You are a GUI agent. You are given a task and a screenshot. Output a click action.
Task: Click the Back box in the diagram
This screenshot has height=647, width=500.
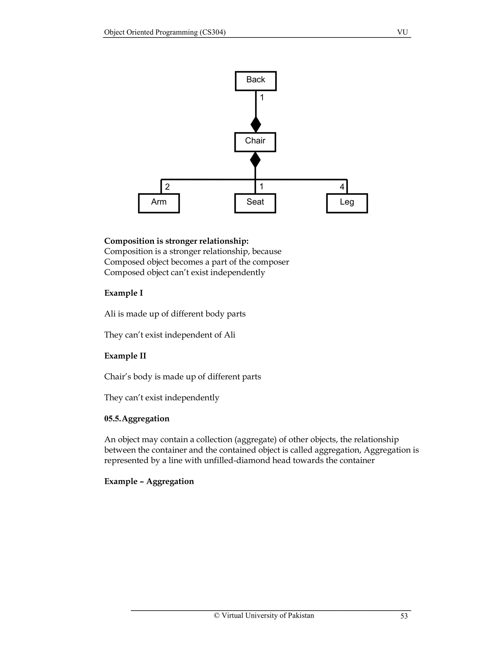tap(256, 81)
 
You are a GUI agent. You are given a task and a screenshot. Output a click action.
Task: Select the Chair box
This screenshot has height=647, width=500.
tap(255, 142)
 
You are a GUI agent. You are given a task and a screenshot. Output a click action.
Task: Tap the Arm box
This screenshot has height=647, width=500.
tap(159, 203)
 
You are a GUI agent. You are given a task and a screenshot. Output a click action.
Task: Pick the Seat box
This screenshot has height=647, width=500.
tap(255, 203)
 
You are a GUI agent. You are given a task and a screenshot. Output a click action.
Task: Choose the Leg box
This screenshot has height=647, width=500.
tap(347, 203)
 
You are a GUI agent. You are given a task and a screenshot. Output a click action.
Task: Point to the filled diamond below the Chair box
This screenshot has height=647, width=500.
tap(255, 160)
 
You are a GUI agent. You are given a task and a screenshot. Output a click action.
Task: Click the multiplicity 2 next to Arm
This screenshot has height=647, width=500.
tap(167, 187)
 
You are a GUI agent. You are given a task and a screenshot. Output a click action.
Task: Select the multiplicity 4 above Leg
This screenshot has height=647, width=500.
tap(342, 187)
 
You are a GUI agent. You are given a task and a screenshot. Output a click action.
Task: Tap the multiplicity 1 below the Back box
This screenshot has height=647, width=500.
tap(262, 97)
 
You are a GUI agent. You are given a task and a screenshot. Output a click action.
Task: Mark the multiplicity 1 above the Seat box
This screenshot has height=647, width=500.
tap(261, 186)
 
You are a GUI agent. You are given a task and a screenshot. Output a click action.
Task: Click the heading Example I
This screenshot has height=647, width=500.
tap(124, 293)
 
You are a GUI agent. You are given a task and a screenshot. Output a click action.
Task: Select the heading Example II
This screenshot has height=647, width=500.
tap(125, 355)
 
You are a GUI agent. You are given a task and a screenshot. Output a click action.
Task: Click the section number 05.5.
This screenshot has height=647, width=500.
tap(113, 418)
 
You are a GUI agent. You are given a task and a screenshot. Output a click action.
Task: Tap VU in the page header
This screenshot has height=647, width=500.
tap(402, 32)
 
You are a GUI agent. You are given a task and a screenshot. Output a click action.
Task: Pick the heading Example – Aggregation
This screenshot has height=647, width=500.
tap(149, 481)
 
